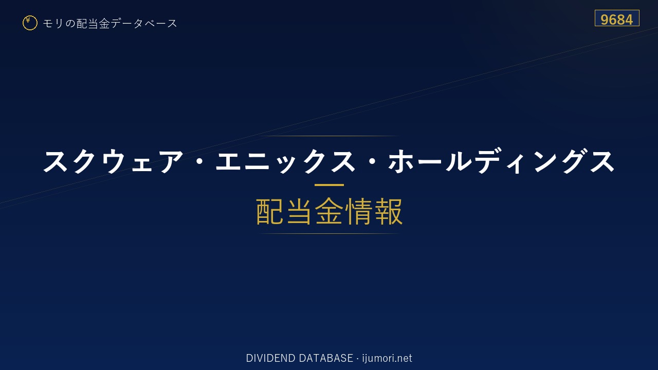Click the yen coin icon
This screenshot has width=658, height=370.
30,23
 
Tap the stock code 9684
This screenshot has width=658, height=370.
616,20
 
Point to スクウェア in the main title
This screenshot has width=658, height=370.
114,161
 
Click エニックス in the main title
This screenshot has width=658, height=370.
285,161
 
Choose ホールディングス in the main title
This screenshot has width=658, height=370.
501,161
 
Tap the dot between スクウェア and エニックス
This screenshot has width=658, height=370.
200,161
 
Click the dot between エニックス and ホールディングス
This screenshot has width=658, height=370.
372,161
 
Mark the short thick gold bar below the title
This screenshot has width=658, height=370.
329,185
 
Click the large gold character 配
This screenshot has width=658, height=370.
270,211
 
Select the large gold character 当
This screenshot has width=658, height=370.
299,211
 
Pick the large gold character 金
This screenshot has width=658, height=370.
329,211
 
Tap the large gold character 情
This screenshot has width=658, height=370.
359,211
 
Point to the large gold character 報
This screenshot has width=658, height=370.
388,211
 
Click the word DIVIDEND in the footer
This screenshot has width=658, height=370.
270,358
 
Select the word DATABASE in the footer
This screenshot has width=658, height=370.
326,358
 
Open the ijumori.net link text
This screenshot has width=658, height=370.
387,359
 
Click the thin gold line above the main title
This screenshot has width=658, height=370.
329,136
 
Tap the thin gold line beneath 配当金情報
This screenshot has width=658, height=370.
329,234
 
